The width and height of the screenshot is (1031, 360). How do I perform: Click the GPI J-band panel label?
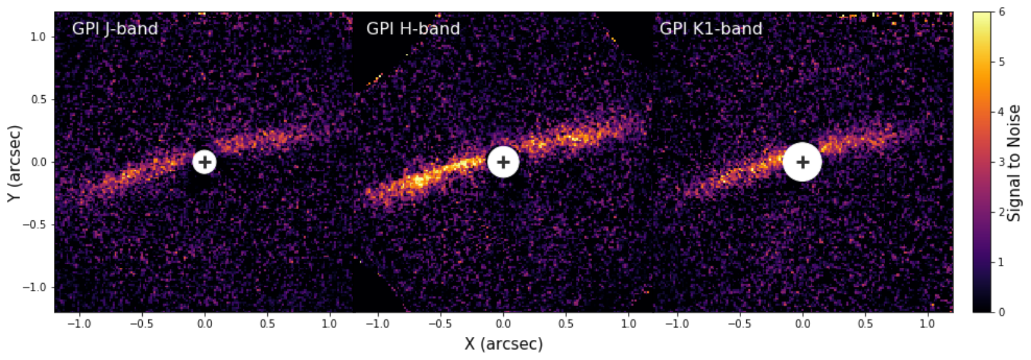click(115, 29)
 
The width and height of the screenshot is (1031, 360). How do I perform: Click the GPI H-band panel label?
click(413, 29)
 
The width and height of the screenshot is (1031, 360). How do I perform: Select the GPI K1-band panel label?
click(710, 29)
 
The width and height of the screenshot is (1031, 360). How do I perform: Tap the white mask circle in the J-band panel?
click(204, 162)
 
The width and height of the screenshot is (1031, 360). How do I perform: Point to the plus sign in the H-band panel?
click(503, 162)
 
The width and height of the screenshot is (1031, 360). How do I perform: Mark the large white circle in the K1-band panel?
click(803, 162)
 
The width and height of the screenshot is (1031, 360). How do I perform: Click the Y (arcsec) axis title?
click(14, 163)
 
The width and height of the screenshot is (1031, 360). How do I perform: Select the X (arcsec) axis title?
click(503, 344)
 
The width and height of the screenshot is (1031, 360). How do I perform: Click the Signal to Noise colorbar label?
click(1013, 163)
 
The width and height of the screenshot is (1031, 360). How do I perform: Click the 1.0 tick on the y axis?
click(38, 37)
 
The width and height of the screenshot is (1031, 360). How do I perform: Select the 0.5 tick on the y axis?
click(38, 100)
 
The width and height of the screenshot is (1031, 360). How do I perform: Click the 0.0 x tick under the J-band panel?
click(204, 324)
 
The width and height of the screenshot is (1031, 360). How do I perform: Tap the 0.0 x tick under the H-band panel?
click(503, 324)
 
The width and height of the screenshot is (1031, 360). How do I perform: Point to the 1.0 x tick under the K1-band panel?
click(928, 324)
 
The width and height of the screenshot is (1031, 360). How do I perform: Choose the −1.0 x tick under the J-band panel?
click(79, 324)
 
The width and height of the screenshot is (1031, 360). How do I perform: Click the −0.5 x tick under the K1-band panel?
click(740, 324)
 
